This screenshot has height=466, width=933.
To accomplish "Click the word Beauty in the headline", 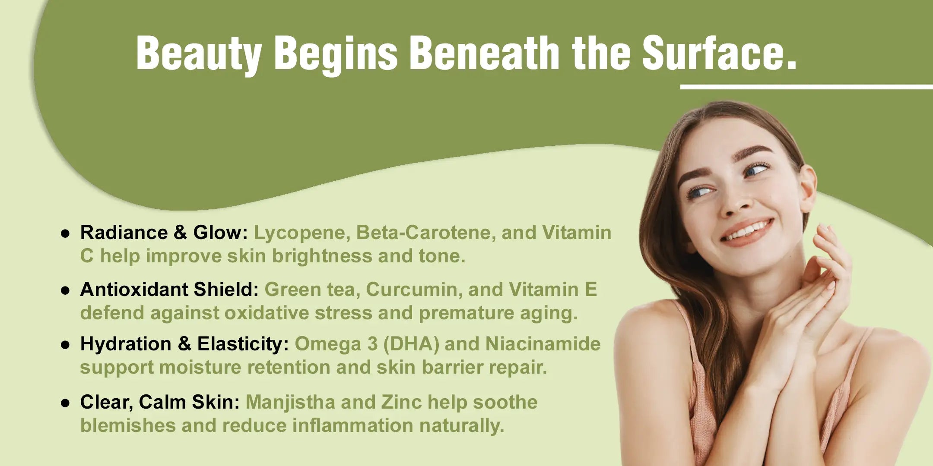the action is tap(199, 54).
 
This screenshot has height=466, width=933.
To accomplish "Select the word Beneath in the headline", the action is tap(484, 52).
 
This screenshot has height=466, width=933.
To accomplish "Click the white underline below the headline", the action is tap(806, 87).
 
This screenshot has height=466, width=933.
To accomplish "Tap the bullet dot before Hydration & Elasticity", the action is tap(66, 345).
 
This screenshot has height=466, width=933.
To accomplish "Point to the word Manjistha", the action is tap(290, 403).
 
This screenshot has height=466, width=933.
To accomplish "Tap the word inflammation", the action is tap(353, 425).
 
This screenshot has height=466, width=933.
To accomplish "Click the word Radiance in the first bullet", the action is tap(124, 233).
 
